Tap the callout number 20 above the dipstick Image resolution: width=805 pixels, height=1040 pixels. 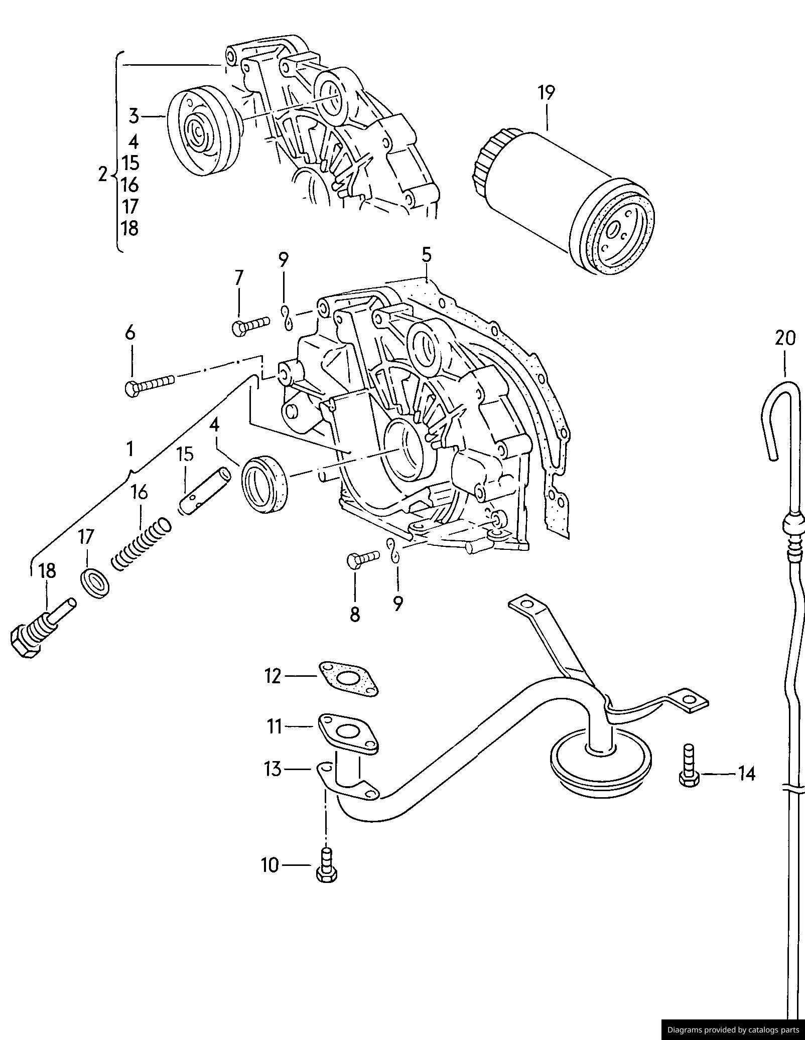point(785,339)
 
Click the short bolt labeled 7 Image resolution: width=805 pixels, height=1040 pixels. point(250,325)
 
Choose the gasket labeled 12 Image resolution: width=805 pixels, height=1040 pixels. point(347,679)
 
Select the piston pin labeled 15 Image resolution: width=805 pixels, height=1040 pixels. point(205,491)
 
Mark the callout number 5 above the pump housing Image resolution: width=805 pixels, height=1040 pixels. point(426,255)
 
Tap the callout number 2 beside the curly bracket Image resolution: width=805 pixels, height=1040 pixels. point(103,175)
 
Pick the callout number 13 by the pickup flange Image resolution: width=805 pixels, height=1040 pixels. point(273,768)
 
